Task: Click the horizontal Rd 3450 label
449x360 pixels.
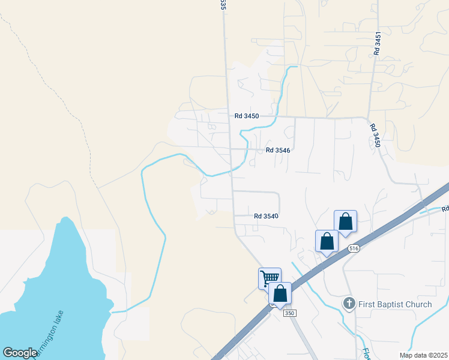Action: [x=247, y=116]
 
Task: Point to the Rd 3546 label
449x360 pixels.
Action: [x=278, y=151]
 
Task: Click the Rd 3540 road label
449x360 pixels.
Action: [x=266, y=216]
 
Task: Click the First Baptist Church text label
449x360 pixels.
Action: [x=394, y=304]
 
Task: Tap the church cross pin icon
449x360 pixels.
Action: [x=349, y=304]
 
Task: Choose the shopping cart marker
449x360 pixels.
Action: [x=270, y=277]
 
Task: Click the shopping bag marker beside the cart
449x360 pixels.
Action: [x=280, y=293]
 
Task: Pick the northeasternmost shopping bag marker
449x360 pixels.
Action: [x=345, y=221]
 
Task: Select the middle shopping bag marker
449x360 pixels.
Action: [x=327, y=241]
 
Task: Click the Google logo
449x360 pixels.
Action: [x=20, y=353]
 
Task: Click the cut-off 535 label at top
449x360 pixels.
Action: [x=223, y=5]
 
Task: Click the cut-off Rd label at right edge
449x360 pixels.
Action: [x=445, y=209]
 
